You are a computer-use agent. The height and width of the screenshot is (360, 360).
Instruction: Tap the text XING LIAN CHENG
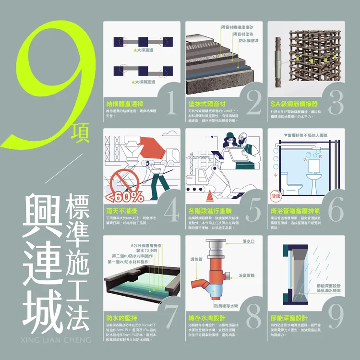click(56, 340)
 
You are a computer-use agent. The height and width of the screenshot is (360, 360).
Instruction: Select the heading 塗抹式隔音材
click(207, 104)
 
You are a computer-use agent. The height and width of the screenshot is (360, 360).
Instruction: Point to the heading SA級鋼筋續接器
click(294, 104)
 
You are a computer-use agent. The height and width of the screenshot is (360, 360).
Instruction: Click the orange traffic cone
click(210, 196)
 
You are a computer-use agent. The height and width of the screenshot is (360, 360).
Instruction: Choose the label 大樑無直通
click(144, 82)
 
